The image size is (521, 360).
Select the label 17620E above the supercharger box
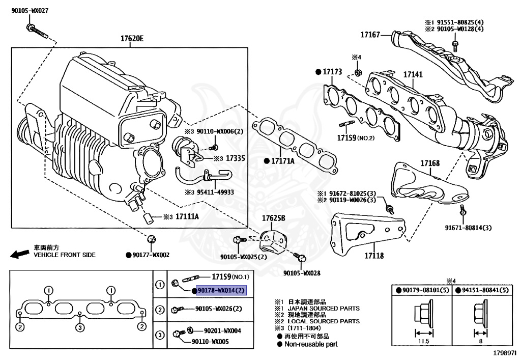[132, 39]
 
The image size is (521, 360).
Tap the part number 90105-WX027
[30, 10]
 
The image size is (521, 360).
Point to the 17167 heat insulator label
[370, 35]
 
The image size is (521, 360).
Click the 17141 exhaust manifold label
[413, 75]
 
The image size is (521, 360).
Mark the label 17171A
[282, 161]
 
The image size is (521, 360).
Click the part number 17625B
[274, 218]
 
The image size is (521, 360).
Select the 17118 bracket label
[373, 256]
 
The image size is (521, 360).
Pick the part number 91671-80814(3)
[468, 228]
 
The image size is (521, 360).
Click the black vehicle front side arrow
[19, 253]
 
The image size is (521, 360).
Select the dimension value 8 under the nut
[481, 342]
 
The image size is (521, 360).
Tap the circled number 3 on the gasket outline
[80, 327]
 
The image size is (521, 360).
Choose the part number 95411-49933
[216, 192]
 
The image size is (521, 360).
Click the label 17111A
[187, 216]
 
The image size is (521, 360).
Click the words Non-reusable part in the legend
[310, 344]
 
